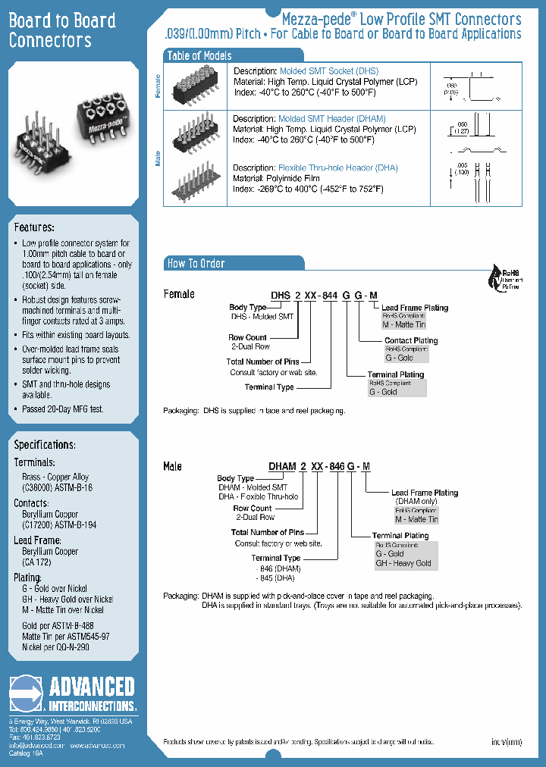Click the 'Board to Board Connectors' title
click(62, 30)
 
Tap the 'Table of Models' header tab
click(199, 55)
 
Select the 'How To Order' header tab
click(196, 263)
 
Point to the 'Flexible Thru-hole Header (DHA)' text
click(338, 167)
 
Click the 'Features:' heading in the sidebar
click(34, 227)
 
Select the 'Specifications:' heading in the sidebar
click(45, 444)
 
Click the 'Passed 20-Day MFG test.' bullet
click(63, 409)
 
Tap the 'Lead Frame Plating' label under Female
click(415, 308)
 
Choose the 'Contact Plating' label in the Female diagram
click(411, 341)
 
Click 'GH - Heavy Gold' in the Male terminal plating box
click(403, 563)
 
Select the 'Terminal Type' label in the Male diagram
click(276, 558)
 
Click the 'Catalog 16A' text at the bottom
click(27, 754)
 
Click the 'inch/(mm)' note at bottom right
click(507, 742)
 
